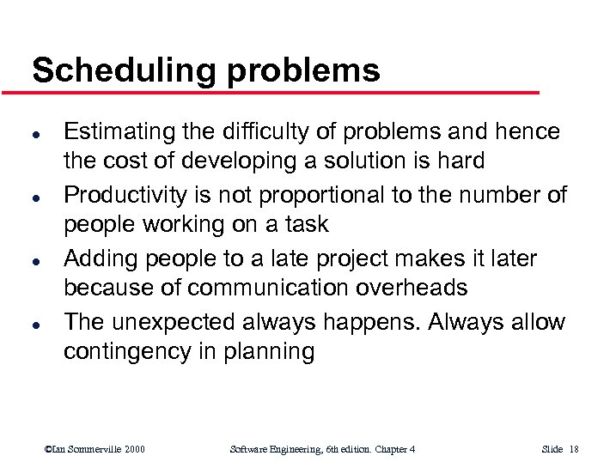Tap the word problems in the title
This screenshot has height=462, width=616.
303,70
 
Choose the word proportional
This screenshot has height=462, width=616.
318,195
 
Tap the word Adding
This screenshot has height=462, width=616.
101,258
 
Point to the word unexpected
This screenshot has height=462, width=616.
183,322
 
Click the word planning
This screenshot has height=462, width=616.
272,351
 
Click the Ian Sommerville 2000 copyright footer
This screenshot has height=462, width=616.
95,449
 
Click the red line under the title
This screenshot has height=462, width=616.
284,92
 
